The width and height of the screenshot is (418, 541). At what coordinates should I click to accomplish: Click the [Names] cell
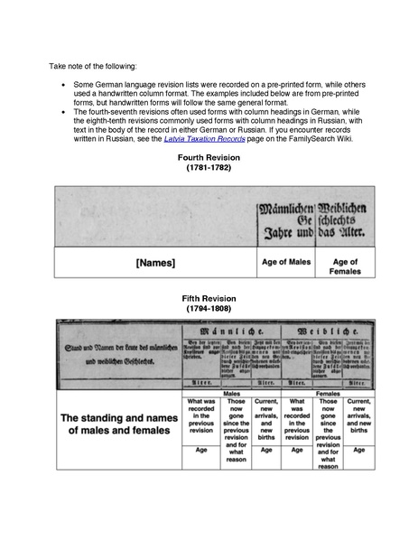(x=154, y=263)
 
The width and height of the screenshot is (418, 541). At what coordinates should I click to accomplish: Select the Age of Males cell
(x=286, y=262)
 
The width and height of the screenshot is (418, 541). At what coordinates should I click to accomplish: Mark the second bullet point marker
(x=62, y=111)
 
